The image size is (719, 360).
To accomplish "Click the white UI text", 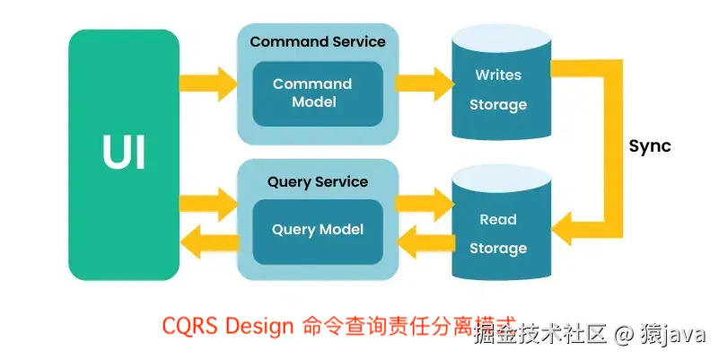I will tap(124, 154).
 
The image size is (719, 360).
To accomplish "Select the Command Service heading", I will tap(318, 41).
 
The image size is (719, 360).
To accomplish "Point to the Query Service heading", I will tap(318, 181).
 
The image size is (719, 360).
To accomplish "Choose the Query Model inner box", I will tap(318, 230).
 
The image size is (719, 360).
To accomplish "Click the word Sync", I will tap(649, 146).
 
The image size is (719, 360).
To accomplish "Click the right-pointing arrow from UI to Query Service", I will tap(207, 201).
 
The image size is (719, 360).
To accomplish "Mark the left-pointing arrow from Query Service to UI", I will tap(207, 241).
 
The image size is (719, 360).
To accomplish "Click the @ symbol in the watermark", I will tap(624, 336).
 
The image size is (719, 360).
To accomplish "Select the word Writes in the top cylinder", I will tap(498, 75).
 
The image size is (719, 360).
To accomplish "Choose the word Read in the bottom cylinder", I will tap(498, 219).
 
